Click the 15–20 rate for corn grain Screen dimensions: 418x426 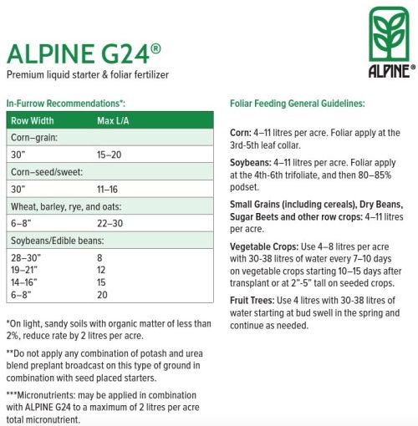tap(110, 155)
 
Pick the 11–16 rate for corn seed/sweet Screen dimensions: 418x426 tap(109, 189)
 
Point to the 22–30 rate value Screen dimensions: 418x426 tap(110, 223)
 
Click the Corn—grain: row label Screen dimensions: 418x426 tap(34, 138)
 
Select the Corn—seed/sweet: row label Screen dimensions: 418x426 tap(48, 172)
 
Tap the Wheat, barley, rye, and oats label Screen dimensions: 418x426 tap(66, 206)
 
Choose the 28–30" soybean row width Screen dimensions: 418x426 tap(25, 258)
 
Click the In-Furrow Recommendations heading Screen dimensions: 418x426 tap(65, 104)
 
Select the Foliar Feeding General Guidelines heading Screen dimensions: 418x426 tap(297, 104)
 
